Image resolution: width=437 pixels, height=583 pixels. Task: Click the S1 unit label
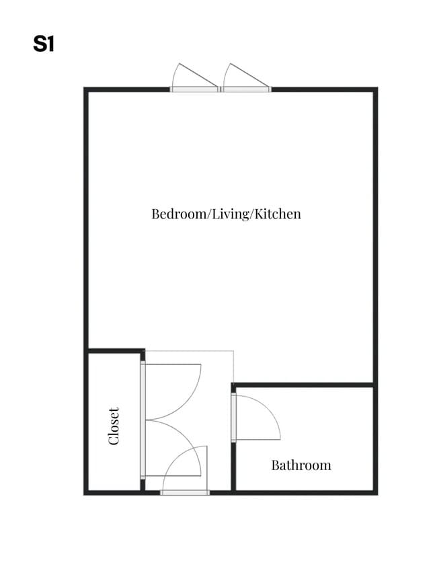(44, 44)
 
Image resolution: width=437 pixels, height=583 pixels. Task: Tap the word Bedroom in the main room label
(179, 214)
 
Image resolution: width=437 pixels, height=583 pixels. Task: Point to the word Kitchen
(278, 214)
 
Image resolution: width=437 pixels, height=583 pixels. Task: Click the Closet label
(114, 426)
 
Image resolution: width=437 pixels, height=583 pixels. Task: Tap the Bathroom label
(301, 465)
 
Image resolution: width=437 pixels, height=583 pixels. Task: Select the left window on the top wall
(194, 89)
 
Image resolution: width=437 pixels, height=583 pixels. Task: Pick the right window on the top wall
(246, 89)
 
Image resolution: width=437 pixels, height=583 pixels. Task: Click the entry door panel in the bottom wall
(185, 493)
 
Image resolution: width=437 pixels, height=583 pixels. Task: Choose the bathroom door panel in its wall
(233, 418)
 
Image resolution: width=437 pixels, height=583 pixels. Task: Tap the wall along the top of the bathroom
(303, 385)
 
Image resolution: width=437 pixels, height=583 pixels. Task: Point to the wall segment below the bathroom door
(233, 467)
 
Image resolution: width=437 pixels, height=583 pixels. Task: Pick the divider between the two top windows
(221, 89)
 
